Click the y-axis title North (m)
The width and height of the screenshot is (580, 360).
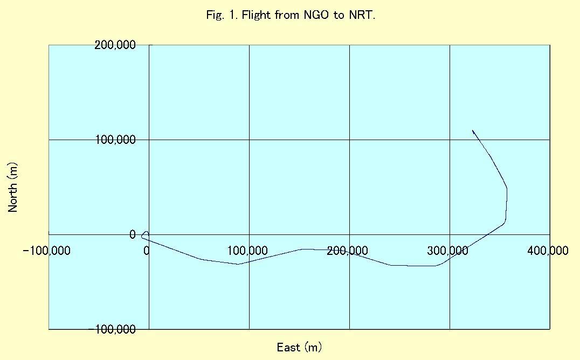pos(13,187)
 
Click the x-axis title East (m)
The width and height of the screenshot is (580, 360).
pos(299,347)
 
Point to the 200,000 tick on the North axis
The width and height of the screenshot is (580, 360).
pos(115,45)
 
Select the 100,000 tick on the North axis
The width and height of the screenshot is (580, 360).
pos(115,140)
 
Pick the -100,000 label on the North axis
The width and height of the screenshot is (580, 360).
pos(115,329)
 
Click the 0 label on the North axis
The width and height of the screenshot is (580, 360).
pos(133,234)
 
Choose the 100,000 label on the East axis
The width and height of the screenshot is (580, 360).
pos(247,251)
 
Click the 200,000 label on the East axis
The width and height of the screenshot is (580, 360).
pos(348,251)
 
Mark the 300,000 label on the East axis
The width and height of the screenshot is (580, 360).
pos(448,251)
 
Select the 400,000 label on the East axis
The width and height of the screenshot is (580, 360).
pos(548,251)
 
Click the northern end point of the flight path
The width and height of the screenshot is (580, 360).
pos(473,130)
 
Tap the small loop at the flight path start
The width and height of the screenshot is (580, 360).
pos(144,234)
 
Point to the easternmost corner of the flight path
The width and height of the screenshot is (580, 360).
pos(507,189)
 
